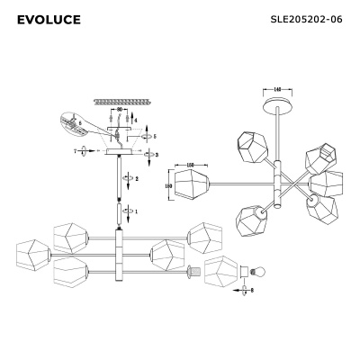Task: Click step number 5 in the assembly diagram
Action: tap(154, 137)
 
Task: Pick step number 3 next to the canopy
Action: tap(157, 156)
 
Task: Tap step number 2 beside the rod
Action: tap(136, 178)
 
